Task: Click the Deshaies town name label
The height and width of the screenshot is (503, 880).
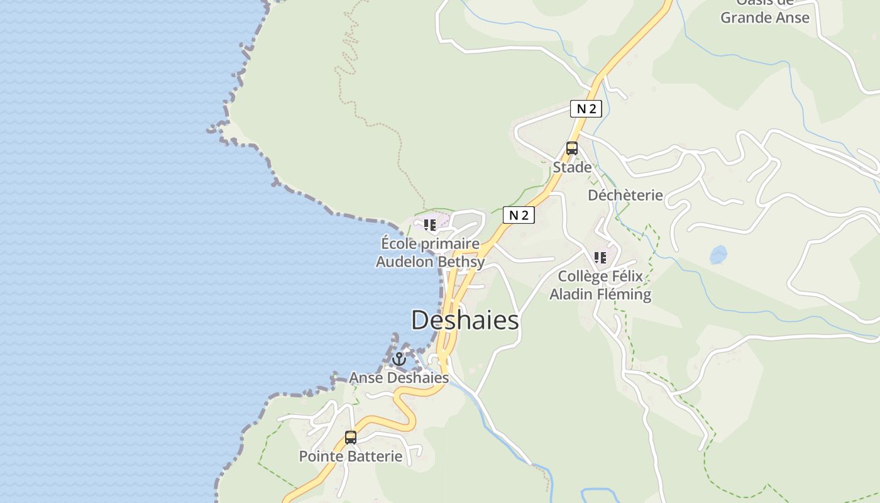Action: click(465, 321)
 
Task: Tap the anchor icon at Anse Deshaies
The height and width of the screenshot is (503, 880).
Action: click(399, 359)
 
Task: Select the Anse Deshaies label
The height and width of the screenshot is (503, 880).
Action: click(399, 378)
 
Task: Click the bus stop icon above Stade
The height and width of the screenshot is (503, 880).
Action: click(572, 148)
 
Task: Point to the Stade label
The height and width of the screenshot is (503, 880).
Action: click(572, 167)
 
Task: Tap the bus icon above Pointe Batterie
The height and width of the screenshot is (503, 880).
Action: click(351, 437)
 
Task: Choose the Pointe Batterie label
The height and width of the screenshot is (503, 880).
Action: click(351, 456)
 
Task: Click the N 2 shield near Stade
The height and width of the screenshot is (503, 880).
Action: click(586, 109)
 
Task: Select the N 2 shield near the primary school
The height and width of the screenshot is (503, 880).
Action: click(519, 215)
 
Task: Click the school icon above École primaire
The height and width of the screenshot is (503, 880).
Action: click(430, 224)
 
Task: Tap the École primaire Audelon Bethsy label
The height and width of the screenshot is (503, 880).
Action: click(430, 253)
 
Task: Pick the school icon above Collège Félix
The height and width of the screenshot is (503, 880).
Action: click(600, 257)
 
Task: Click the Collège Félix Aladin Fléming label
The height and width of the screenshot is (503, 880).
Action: click(600, 285)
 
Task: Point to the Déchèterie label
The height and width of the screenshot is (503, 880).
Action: click(625, 196)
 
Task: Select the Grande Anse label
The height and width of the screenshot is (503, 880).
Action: click(765, 17)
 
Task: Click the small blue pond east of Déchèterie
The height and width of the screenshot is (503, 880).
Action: click(718, 255)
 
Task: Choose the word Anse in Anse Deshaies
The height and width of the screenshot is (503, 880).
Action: click(365, 378)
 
